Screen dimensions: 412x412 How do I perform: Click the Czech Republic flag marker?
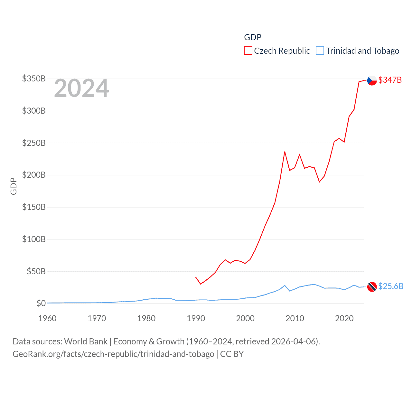[372, 80]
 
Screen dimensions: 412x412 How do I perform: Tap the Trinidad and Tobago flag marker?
[372, 286]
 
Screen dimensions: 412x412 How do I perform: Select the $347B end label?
[390, 80]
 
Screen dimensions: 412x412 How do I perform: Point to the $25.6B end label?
[391, 286]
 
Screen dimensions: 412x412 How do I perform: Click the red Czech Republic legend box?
[248, 51]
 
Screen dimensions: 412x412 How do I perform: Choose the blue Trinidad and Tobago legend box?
[320, 51]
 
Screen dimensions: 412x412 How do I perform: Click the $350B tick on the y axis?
[34, 79]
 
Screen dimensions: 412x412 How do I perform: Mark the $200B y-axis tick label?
[34, 175]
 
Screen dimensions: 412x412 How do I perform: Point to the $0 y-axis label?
[41, 303]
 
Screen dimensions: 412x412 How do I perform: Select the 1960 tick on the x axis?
[47, 318]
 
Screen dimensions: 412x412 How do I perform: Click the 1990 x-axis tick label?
[196, 318]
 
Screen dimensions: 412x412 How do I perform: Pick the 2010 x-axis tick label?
[295, 318]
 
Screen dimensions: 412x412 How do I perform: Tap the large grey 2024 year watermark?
[81, 88]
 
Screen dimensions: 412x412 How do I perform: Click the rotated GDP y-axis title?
[14, 186]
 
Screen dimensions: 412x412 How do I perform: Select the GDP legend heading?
[253, 37]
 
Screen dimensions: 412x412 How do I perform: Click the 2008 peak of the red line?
[285, 152]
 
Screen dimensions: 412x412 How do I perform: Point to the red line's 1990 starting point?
[196, 277]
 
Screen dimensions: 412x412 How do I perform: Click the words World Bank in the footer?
[86, 341]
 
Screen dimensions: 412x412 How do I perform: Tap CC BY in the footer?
[232, 354]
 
